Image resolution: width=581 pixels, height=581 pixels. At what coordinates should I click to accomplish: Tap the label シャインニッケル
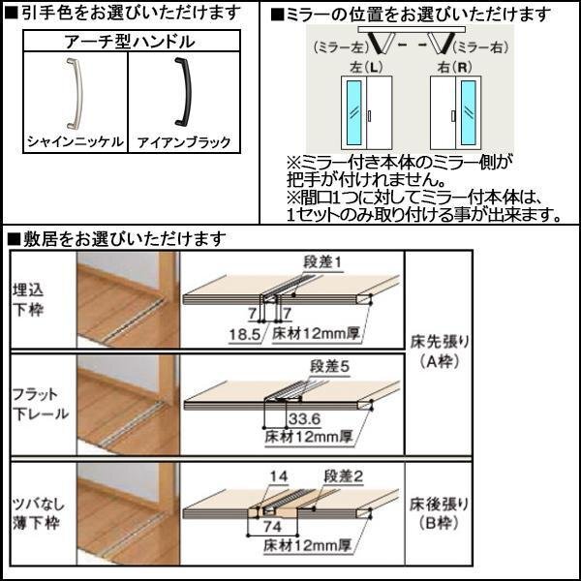(75, 141)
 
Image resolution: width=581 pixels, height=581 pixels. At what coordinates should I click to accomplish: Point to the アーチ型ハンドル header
(128, 41)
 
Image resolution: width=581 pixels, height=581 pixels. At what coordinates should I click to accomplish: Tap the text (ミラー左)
(338, 47)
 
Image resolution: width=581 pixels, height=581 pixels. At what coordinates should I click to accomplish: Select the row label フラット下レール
(42, 402)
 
